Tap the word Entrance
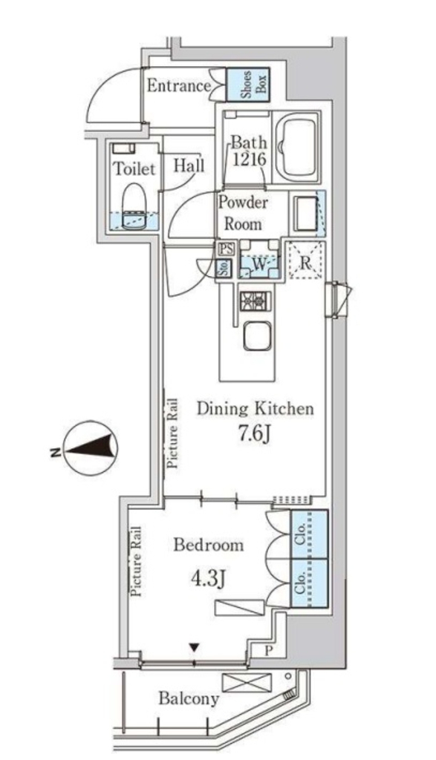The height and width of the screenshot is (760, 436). pyautogui.click(x=178, y=86)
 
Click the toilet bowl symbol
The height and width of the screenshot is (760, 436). pyautogui.click(x=134, y=206)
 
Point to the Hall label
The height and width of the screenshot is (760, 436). pyautogui.click(x=189, y=166)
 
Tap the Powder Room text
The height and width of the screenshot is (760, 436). pyautogui.click(x=242, y=213)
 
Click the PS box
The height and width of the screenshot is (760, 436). pyautogui.click(x=226, y=249)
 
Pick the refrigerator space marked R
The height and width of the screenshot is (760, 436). pyautogui.click(x=305, y=260)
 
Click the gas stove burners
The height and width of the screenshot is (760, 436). pyautogui.click(x=256, y=301)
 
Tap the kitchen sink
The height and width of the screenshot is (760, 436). pyautogui.click(x=256, y=335)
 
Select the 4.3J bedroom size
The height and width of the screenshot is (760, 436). pyautogui.click(x=207, y=578)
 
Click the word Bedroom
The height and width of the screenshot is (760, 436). pyautogui.click(x=209, y=546)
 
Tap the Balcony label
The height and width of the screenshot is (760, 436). pyautogui.click(x=189, y=699)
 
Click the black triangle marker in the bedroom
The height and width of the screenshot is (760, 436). pyautogui.click(x=194, y=646)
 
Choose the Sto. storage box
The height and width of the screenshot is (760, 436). pyautogui.click(x=224, y=268)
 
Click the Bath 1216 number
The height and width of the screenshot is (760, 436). pyautogui.click(x=249, y=159)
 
